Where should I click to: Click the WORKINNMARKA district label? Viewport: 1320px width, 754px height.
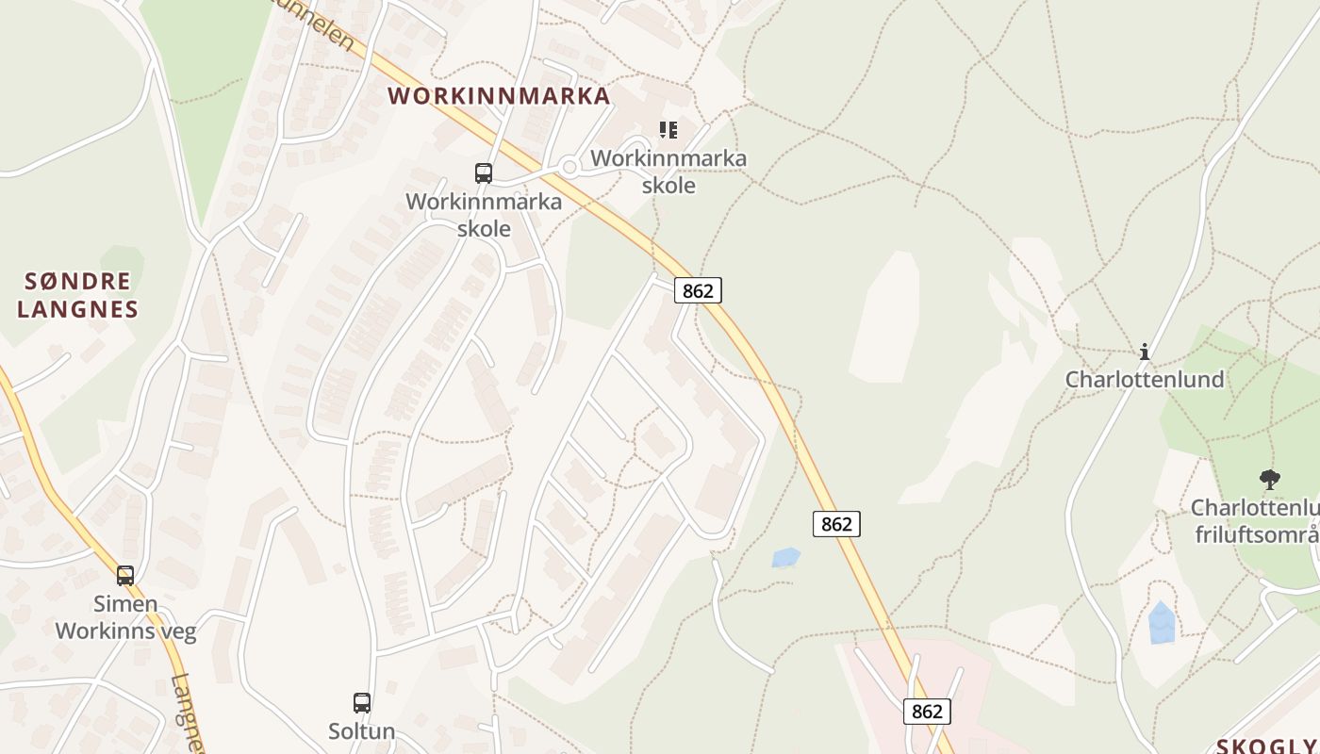point(499,96)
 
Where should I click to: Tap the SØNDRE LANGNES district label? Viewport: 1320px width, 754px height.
point(77,295)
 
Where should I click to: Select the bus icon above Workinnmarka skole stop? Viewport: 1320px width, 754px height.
point(484,172)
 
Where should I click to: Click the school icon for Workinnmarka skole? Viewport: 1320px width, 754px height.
point(668,130)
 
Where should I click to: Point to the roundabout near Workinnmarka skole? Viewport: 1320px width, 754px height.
point(569,168)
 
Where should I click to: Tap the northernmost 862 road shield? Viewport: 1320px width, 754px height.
point(698,290)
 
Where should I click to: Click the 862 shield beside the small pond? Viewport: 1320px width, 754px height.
point(836,523)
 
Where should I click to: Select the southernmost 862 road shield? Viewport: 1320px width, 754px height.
point(927,711)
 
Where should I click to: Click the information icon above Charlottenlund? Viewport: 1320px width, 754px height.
point(1145,352)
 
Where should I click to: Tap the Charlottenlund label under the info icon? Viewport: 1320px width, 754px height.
point(1145,379)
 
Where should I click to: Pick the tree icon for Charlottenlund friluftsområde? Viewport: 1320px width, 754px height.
point(1270,480)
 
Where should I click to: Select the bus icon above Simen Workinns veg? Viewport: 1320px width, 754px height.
point(125,575)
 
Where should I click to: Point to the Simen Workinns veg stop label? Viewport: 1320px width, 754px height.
point(125,617)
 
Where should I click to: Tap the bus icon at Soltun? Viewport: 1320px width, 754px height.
point(362,702)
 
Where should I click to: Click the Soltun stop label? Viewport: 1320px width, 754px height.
point(362,730)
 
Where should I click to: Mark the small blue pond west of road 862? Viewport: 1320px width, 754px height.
point(785,557)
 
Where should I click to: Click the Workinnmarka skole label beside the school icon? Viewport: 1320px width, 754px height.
point(668,172)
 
